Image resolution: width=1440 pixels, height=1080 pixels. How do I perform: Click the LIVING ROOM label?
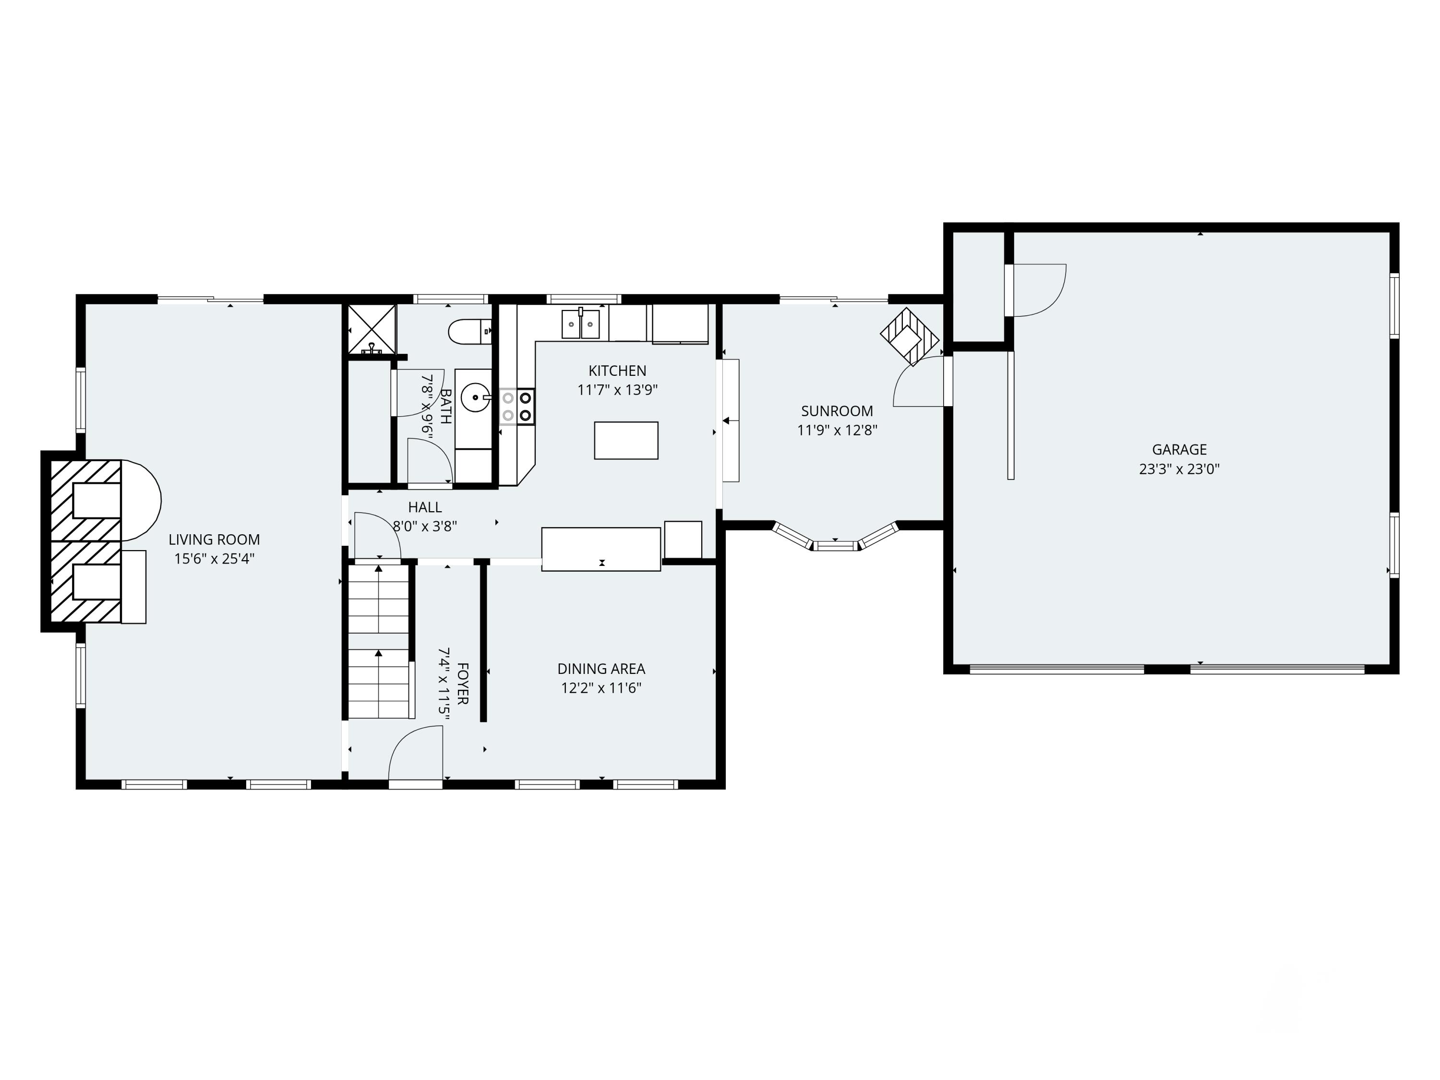[214, 539]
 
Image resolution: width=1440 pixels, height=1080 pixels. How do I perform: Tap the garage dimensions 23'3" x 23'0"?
[1179, 468]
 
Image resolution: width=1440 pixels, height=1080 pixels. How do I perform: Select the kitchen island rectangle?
[625, 441]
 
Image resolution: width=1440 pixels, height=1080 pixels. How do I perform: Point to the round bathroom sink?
[475, 397]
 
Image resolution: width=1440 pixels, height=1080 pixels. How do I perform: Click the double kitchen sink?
[580, 324]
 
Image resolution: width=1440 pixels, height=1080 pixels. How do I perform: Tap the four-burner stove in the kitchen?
[517, 406]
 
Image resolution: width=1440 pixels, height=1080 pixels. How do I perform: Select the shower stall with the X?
[372, 329]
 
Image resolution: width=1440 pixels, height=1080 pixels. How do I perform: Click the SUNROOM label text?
[837, 411]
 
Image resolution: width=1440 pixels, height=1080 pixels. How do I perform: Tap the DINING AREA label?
[601, 669]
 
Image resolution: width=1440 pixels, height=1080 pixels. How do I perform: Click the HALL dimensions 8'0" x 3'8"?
[424, 526]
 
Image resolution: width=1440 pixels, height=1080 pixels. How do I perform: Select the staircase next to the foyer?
[379, 641]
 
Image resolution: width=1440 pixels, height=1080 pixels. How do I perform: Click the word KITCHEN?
[617, 371]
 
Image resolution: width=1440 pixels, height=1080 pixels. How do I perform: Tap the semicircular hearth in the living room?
[142, 500]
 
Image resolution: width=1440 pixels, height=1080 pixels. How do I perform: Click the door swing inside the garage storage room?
[1037, 290]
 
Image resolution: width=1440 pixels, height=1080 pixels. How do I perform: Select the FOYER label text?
[463, 683]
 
